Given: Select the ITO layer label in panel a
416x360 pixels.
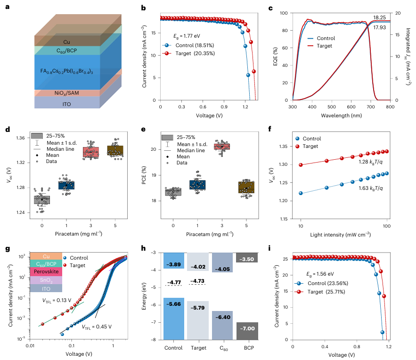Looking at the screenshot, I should pyautogui.click(x=66, y=104).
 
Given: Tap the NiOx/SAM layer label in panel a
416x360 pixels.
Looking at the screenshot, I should pyautogui.click(x=66, y=93).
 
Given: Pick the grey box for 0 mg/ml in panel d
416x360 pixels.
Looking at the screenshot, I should pyautogui.click(x=42, y=200).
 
